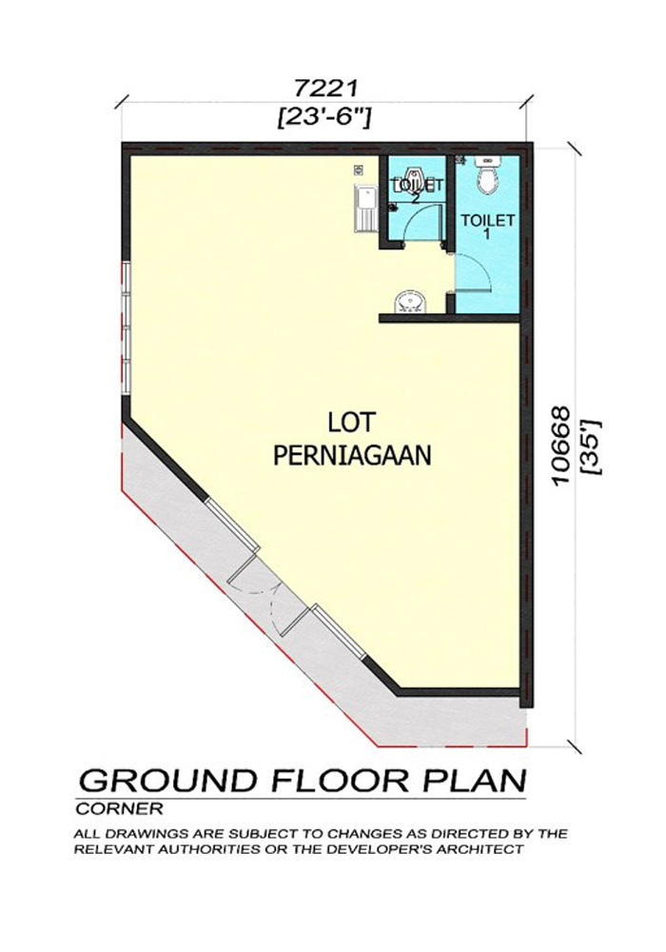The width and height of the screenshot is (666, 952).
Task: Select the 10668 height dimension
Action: pyautogui.click(x=562, y=445)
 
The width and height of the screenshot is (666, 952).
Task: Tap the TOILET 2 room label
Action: pyautogui.click(x=418, y=188)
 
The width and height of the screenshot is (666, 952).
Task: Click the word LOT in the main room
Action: pyautogui.click(x=352, y=422)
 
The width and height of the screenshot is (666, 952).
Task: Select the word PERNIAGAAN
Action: pyautogui.click(x=352, y=455)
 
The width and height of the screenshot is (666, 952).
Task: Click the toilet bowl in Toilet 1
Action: pyautogui.click(x=488, y=175)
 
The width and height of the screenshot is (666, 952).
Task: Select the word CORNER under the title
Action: pyautogui.click(x=120, y=808)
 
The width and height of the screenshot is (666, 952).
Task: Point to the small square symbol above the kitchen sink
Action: pyautogui.click(x=359, y=170)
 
